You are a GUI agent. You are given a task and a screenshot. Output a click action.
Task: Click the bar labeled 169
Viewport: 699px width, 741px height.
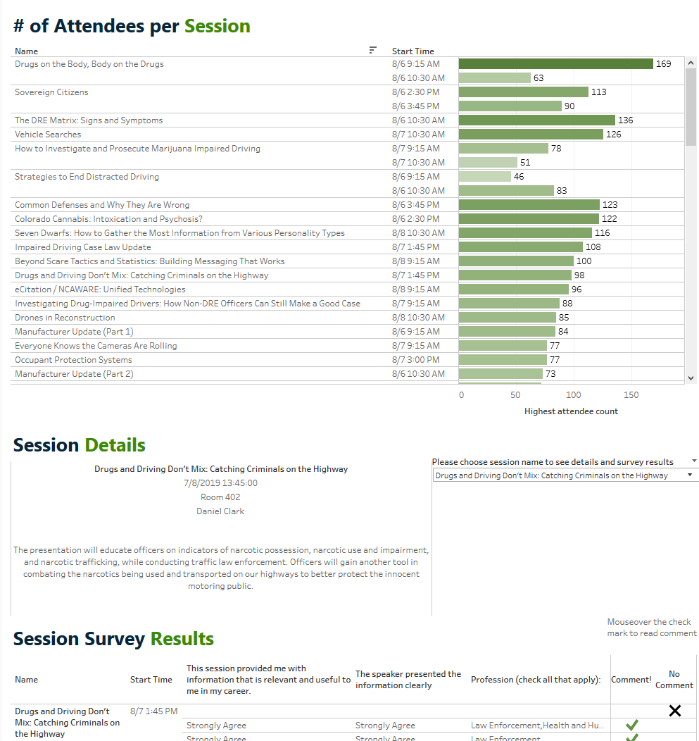(x=555, y=64)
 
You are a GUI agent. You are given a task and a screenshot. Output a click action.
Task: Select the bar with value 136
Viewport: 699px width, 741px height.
(x=536, y=120)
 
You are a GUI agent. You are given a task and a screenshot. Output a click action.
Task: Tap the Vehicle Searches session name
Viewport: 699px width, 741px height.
(x=48, y=135)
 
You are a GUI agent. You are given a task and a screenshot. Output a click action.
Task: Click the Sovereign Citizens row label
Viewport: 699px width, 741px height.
(x=51, y=92)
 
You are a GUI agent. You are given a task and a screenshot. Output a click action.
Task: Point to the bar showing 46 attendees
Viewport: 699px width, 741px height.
(x=484, y=177)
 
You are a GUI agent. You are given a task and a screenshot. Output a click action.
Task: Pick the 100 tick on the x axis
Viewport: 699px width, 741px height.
(x=574, y=395)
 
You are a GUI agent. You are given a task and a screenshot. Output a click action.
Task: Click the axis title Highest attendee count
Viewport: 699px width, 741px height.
(x=571, y=411)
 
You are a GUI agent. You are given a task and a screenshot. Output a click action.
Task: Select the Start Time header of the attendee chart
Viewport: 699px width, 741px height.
(x=413, y=51)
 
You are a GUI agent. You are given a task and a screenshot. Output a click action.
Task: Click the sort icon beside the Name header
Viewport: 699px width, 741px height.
(x=373, y=50)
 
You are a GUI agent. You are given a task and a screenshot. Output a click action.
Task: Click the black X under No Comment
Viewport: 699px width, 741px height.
(x=674, y=711)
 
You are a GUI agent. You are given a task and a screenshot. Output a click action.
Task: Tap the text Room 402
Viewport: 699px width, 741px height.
(x=220, y=497)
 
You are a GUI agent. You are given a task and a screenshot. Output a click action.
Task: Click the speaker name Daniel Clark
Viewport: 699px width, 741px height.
(x=220, y=511)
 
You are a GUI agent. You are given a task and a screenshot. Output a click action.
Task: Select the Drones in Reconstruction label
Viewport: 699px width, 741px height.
(x=65, y=318)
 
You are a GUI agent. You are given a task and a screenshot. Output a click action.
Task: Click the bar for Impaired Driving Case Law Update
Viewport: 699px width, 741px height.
(x=520, y=247)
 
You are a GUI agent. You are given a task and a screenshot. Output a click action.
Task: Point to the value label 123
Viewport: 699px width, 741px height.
(x=610, y=205)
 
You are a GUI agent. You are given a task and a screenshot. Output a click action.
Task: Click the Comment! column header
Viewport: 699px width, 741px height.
(x=631, y=680)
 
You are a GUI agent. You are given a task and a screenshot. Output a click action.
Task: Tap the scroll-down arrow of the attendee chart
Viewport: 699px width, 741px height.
(x=691, y=378)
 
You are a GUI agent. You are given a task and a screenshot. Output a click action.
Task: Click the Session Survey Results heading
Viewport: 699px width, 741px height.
(x=113, y=639)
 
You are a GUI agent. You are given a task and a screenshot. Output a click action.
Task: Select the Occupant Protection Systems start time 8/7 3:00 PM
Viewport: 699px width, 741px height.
(x=415, y=360)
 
